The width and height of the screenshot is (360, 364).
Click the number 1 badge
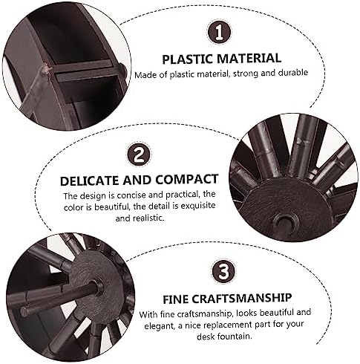click(x=219, y=32)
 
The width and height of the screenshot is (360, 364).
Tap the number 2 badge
click(x=139, y=155)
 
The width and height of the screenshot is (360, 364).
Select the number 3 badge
click(x=223, y=271)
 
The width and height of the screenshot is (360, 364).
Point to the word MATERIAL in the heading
click(x=249, y=59)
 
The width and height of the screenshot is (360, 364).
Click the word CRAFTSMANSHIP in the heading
click(x=242, y=298)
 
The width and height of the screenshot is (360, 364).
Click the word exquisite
click(x=198, y=206)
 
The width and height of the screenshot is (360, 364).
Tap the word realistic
click(x=148, y=218)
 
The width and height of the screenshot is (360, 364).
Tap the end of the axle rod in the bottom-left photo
click(x=24, y=311)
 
